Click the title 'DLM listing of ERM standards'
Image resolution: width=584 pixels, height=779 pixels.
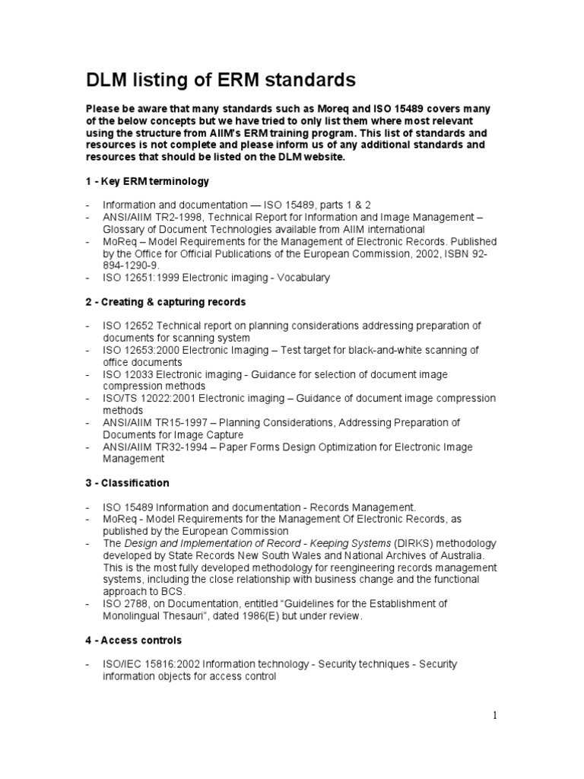click(x=220, y=79)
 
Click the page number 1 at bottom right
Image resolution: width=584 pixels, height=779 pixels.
click(x=494, y=715)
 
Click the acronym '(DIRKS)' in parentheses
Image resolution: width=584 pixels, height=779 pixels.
click(x=414, y=543)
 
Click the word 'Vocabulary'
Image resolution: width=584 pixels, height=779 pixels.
click(x=303, y=278)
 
